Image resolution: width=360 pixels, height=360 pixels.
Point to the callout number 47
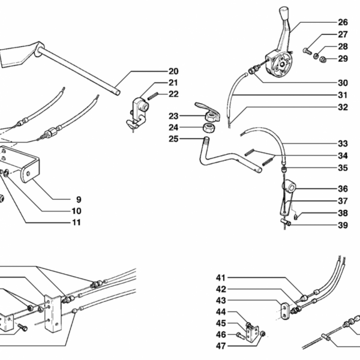point(221,346)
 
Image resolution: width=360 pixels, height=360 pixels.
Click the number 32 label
point(343,108)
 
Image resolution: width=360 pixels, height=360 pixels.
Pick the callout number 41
point(221,278)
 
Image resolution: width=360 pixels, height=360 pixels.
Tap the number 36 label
point(343,188)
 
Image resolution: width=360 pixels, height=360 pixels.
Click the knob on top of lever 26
point(285,14)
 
